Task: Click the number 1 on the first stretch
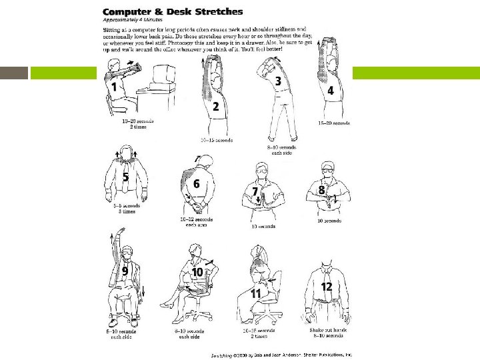(x=115, y=87)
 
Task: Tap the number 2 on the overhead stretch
(x=215, y=107)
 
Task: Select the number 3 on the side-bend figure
(x=278, y=81)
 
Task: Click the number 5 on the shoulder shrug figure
(x=125, y=178)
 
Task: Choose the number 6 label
(x=196, y=183)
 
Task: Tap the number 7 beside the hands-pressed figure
(x=255, y=191)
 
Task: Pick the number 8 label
(x=321, y=190)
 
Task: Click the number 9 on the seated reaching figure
(x=125, y=271)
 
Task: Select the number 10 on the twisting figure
(x=197, y=272)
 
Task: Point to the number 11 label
(x=255, y=293)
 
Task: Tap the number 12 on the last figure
(x=327, y=287)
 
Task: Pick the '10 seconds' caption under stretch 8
(x=328, y=221)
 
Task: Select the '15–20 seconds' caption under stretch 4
(x=334, y=123)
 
